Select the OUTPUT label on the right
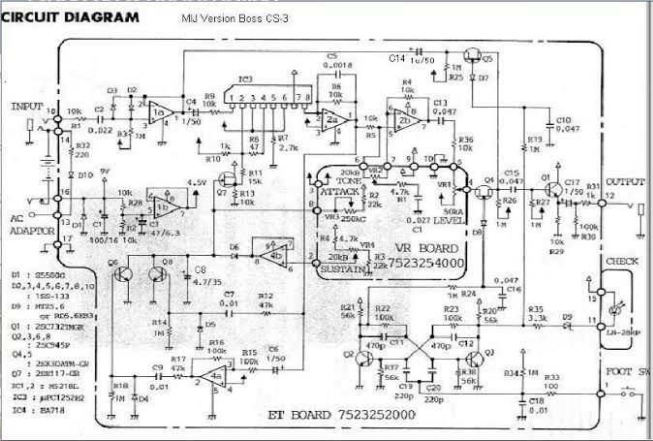coord(624,180)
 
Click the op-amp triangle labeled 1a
coord(162,114)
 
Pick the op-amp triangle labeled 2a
coord(334,120)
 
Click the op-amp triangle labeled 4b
coord(275,255)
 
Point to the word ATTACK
coord(341,193)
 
